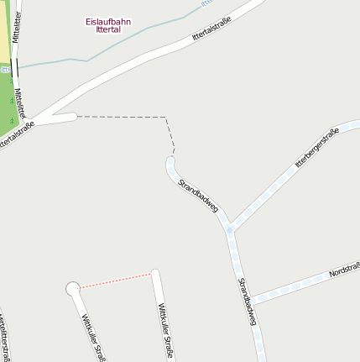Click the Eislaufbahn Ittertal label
pyautogui.click(x=108, y=25)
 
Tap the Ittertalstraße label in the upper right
pyautogui.click(x=211, y=33)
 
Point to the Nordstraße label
pyautogui.click(x=344, y=270)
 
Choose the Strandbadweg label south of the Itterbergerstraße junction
pyautogui.click(x=247, y=300)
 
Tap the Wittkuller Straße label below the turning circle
pyautogui.click(x=92, y=336)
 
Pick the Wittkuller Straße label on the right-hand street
pyautogui.click(x=165, y=331)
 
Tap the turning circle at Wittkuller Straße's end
pyautogui.click(x=73, y=288)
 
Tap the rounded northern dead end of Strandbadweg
pyautogui.click(x=171, y=161)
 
